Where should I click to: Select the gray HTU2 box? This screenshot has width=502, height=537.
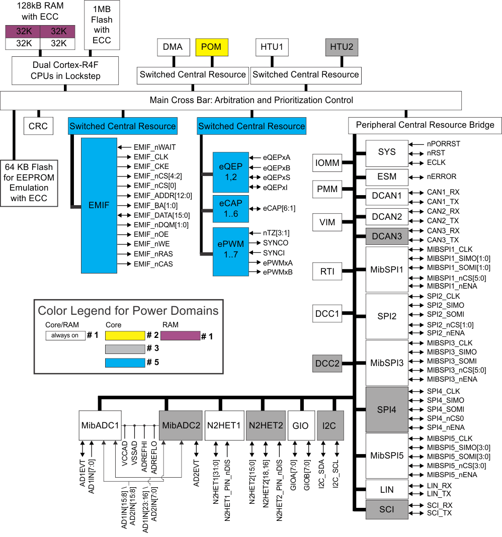point(342,47)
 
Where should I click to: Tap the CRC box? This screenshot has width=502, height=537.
point(38,126)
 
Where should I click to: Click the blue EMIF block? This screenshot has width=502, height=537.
point(99,205)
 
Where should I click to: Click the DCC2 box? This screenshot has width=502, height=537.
point(327,363)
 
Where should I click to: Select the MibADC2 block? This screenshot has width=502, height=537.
point(181,425)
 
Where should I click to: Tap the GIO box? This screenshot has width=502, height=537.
point(300,425)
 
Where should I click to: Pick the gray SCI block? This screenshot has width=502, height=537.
point(386,510)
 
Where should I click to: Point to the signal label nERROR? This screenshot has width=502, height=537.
point(442,176)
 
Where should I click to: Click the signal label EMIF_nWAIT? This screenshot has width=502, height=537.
point(154,147)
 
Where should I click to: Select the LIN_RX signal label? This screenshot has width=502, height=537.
point(439,486)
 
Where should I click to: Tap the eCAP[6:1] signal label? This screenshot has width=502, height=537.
point(279,208)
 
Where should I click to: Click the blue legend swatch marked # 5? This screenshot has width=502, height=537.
point(125,362)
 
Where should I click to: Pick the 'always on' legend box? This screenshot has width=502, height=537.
point(65,335)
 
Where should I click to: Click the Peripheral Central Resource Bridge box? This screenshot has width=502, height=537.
point(425,125)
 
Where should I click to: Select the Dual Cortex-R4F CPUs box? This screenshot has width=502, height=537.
point(66,70)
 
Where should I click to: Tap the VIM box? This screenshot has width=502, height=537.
point(327,222)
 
